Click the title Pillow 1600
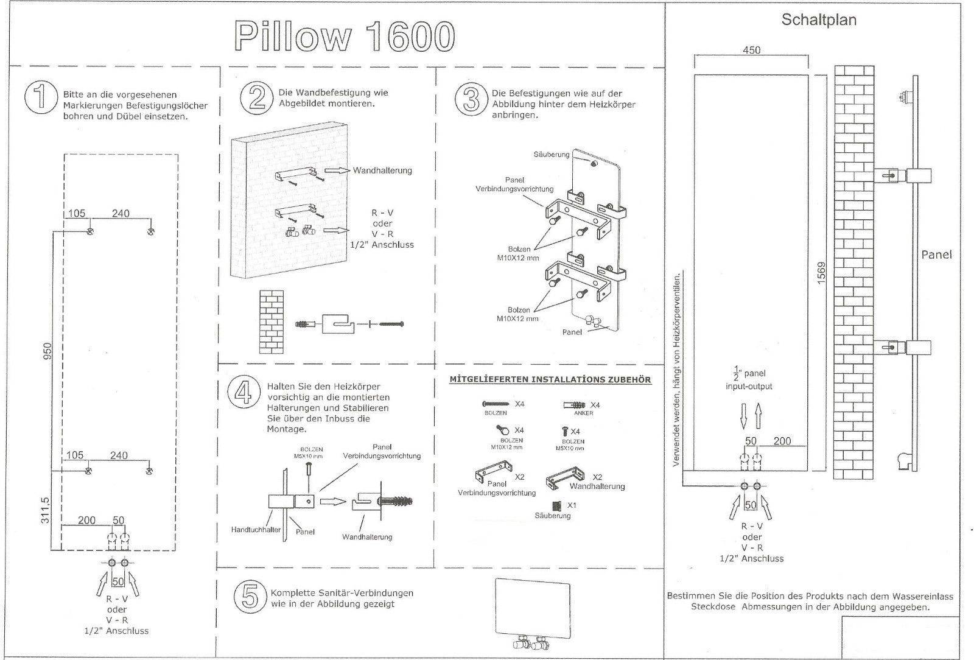pos(345,36)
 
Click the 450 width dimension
pos(751,50)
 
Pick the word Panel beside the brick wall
pos(936,255)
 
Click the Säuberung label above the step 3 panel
pos(551,154)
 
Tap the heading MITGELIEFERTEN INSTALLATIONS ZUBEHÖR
pos(550,380)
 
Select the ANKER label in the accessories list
pos(583,413)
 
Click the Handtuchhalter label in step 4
pos(256,530)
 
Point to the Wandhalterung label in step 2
pos(382,170)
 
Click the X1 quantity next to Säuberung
pos(572,505)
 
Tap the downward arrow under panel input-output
pos(744,418)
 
